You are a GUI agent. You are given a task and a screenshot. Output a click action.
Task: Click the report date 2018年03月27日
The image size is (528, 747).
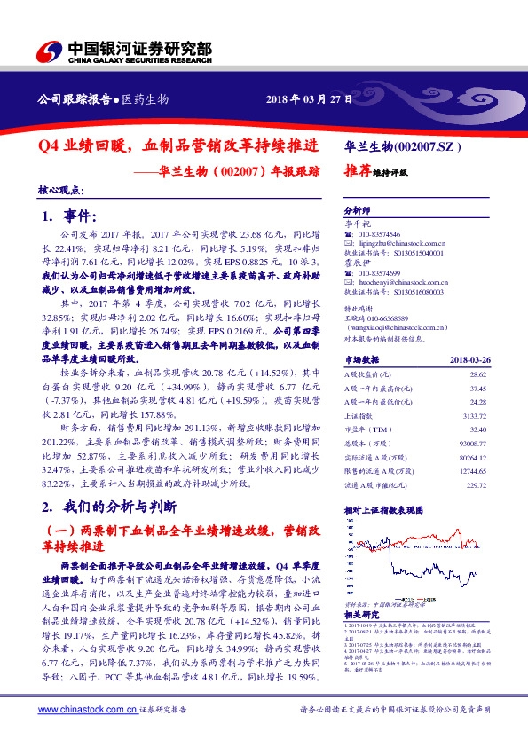click(310, 99)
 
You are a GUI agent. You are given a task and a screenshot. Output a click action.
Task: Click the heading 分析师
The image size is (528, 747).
click(357, 211)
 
